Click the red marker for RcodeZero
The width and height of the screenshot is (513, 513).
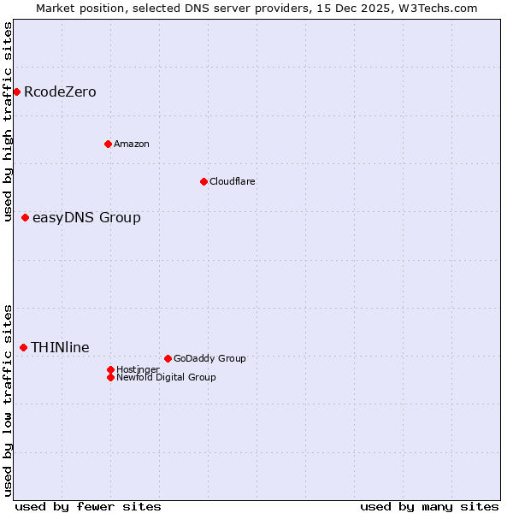16,91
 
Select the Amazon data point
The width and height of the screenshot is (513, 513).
108,144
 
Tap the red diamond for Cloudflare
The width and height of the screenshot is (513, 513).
203,181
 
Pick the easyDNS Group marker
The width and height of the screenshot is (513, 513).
26,217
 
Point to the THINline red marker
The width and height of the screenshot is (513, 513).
24,347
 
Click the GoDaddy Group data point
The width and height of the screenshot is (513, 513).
168,358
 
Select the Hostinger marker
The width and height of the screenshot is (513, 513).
111,369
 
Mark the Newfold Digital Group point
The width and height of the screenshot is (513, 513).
111,377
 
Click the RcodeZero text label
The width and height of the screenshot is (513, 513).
60,91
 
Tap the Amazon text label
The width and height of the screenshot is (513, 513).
132,144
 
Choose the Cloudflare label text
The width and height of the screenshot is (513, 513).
233,181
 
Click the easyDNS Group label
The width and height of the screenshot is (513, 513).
86,217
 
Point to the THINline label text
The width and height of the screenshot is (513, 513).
60,347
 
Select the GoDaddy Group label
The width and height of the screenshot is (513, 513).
209,358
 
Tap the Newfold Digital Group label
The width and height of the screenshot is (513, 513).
166,377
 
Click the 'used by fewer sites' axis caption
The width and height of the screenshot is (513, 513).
88,506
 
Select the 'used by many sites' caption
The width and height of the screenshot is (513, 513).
429,506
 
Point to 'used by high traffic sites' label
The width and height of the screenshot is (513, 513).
8,121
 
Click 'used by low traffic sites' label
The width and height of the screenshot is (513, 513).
8,400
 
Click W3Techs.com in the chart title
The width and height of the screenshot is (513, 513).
435,8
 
